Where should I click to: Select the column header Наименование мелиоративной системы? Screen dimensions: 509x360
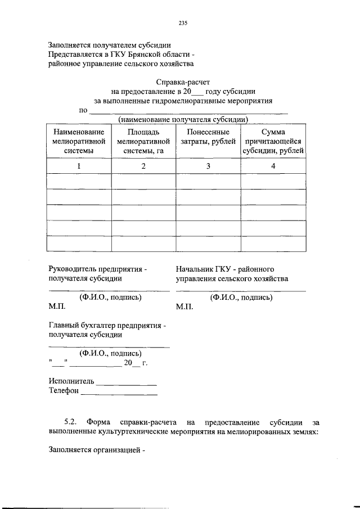pyautogui.click(x=79, y=141)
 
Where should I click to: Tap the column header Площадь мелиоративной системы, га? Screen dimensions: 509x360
pyautogui.click(x=143, y=141)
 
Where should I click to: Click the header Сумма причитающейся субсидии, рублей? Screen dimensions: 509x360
pyautogui.click(x=273, y=141)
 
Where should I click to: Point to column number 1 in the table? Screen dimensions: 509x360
pyautogui.click(x=79, y=166)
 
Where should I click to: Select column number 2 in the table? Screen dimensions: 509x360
pyautogui.click(x=143, y=166)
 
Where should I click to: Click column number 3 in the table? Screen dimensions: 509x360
pyautogui.click(x=208, y=166)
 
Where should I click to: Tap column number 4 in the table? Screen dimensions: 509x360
pyautogui.click(x=273, y=166)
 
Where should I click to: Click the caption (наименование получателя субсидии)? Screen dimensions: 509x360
pyautogui.click(x=183, y=119)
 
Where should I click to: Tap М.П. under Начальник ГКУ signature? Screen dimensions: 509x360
pyautogui.click(x=183, y=308)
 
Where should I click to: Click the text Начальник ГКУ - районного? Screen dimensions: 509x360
pyautogui.click(x=224, y=269)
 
